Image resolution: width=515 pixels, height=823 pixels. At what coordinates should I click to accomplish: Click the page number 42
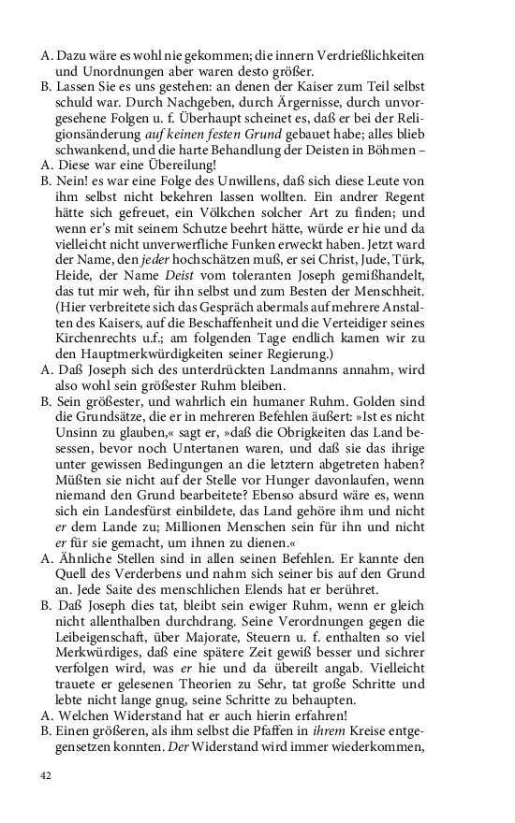click(x=46, y=775)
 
